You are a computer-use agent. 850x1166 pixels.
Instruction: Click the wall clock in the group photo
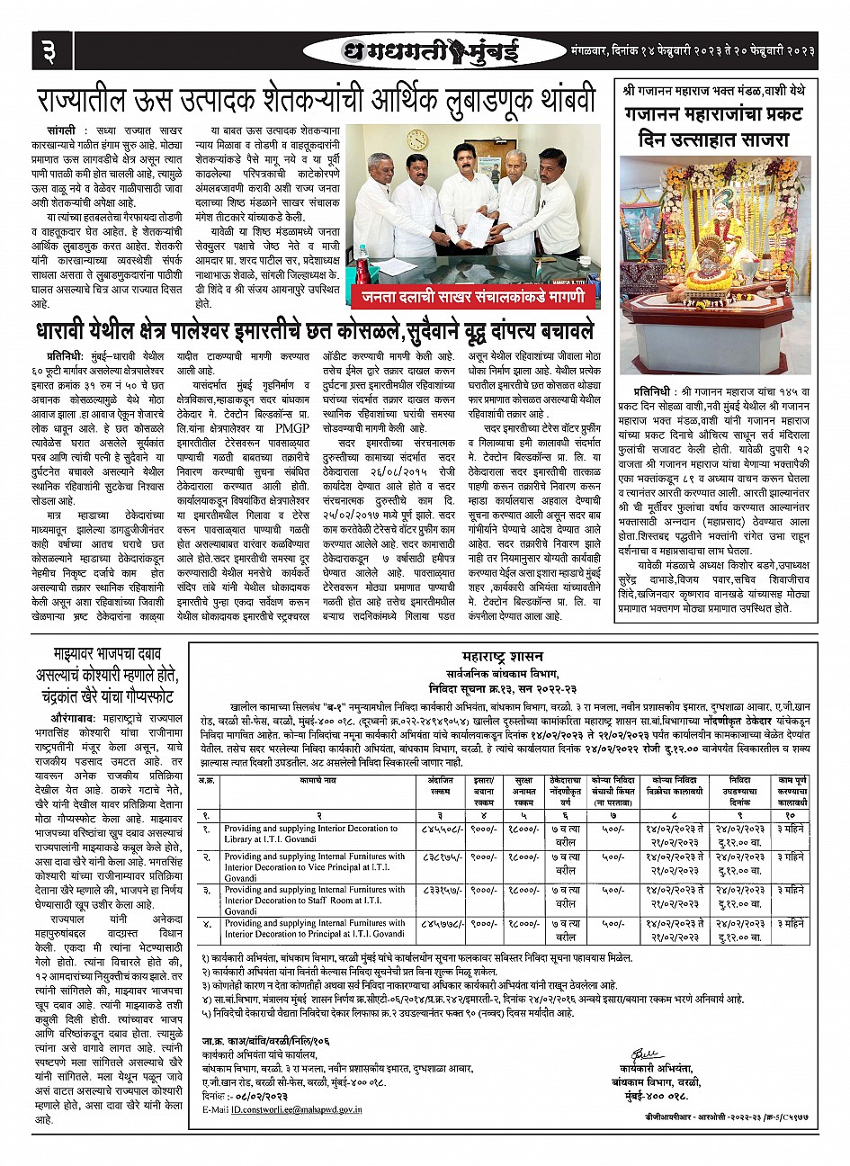[417, 140]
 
